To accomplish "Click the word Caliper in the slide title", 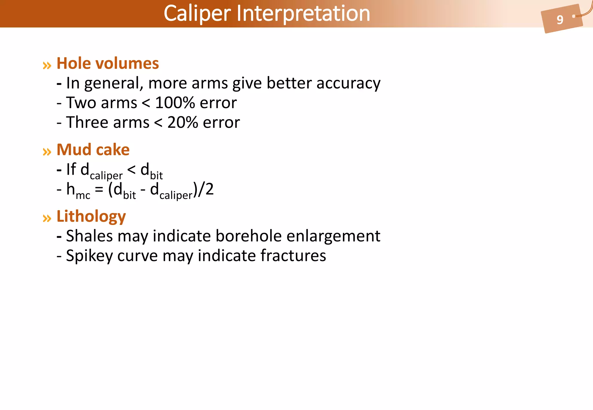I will pyautogui.click(x=197, y=13).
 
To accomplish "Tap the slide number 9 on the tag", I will pyautogui.click(x=560, y=20).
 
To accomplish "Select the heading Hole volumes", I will pyautogui.click(x=108, y=63).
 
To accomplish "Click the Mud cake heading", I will pyautogui.click(x=93, y=149).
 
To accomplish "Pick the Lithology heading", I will pyautogui.click(x=91, y=216).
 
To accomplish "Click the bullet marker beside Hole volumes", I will pyautogui.click(x=47, y=65).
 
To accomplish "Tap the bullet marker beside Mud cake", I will pyautogui.click(x=47, y=152).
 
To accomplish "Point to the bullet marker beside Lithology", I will pyautogui.click(x=47, y=218).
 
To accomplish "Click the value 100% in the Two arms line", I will pyautogui.click(x=175, y=103).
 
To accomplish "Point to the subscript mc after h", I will pyautogui.click(x=83, y=196).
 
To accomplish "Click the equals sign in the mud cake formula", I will pyautogui.click(x=99, y=190).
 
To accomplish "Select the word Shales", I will pyautogui.click(x=89, y=236).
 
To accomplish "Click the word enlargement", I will pyautogui.click(x=333, y=236).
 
